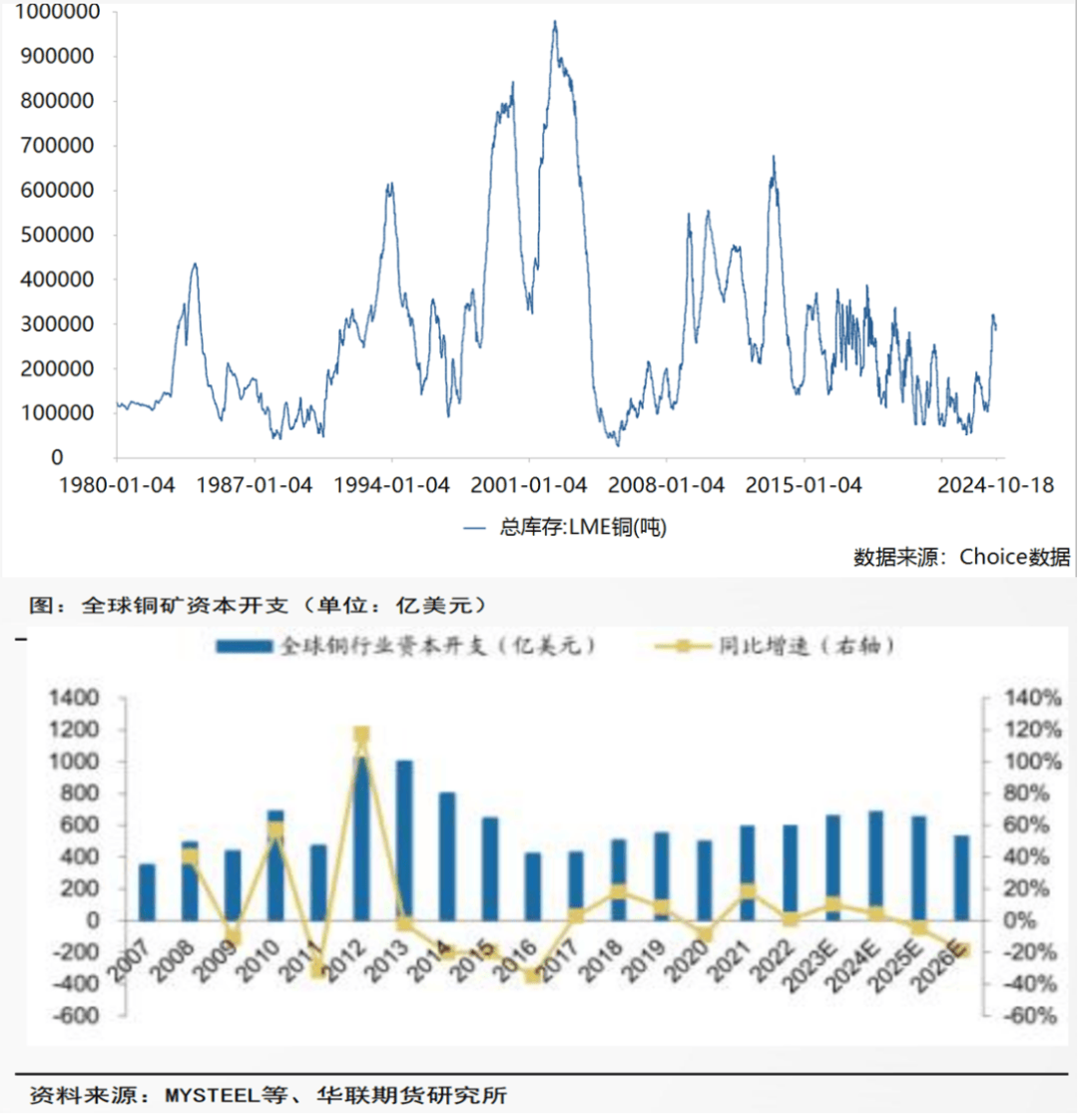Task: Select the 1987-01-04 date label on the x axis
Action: [x=256, y=485]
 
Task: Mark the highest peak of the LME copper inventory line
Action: [x=555, y=22]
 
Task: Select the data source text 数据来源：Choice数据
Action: [x=961, y=557]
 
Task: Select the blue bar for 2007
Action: [x=148, y=891]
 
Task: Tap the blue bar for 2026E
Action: [x=962, y=877]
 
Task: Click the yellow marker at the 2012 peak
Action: [x=361, y=736]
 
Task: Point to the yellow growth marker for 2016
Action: [x=533, y=975]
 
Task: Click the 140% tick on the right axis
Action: [x=1028, y=698]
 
